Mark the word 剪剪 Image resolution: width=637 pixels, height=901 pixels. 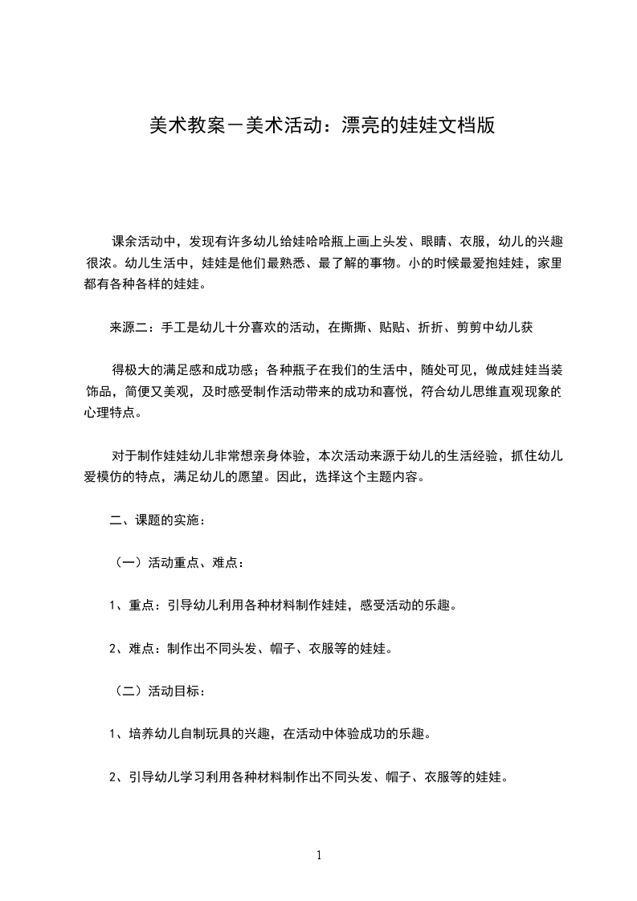(500, 327)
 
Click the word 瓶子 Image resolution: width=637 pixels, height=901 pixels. (308, 370)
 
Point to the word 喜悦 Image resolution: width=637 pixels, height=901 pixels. (390, 392)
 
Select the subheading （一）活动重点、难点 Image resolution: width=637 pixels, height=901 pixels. (175, 563)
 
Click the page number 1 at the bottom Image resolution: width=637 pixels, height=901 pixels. (319, 855)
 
